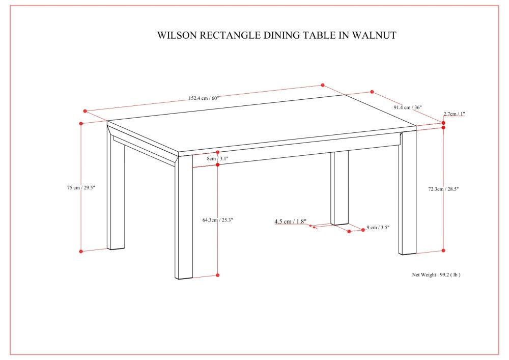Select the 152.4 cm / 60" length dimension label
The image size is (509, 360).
204,98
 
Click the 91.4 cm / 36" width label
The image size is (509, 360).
407,107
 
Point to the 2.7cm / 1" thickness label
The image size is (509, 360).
454,114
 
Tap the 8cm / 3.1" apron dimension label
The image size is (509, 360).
217,159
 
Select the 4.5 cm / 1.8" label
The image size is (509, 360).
291,221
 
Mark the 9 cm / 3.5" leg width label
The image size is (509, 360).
378,228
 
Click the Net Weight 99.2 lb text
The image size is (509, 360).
436,274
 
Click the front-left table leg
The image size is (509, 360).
184,219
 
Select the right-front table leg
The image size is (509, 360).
407,193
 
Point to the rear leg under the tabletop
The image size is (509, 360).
339,188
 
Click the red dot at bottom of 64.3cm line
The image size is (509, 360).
217,275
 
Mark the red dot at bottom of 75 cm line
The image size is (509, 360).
81,251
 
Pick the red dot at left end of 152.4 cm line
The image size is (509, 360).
86,111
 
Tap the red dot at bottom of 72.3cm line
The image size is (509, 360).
443,251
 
